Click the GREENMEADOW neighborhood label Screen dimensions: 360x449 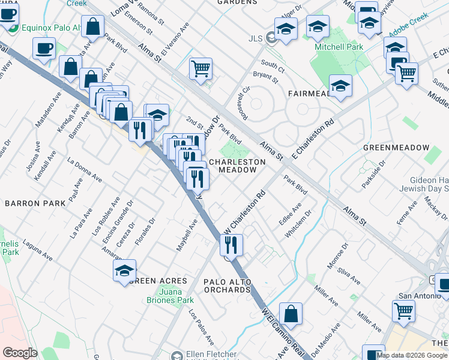tap(396, 148)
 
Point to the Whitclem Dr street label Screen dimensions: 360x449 tap(298, 223)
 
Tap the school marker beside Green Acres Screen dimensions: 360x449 tap(124, 271)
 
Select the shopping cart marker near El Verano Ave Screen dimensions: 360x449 tap(201, 68)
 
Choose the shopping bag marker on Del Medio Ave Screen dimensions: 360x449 tap(291, 314)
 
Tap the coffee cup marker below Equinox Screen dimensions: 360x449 tap(44, 49)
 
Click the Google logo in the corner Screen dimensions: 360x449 tap(20, 353)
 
